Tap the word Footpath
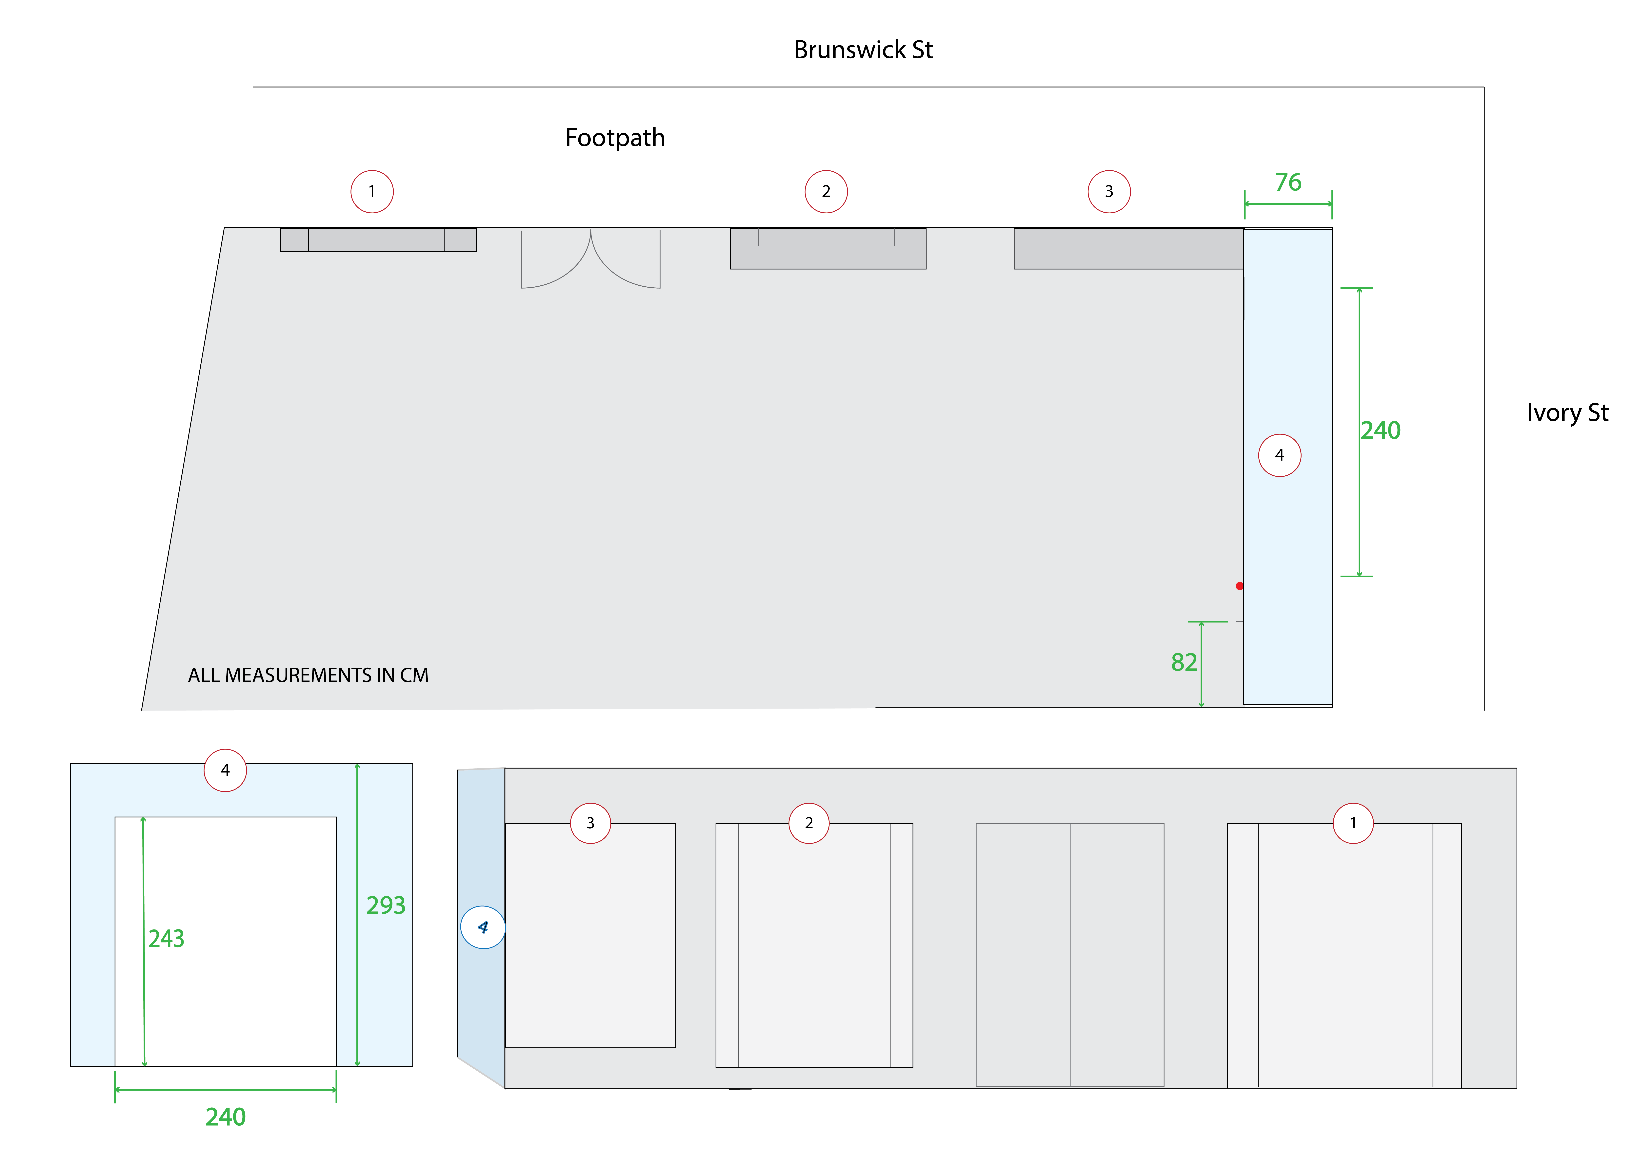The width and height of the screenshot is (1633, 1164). pyautogui.click(x=614, y=138)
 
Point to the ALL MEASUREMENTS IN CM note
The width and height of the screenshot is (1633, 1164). pyautogui.click(x=308, y=675)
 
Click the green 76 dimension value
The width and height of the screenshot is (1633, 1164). pyautogui.click(x=1287, y=183)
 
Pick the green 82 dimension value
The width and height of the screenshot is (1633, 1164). pyautogui.click(x=1184, y=662)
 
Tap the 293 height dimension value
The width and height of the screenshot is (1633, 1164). pyautogui.click(x=386, y=905)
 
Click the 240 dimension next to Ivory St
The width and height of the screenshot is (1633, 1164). pyautogui.click(x=1380, y=430)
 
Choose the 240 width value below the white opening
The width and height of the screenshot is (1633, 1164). pyautogui.click(x=225, y=1117)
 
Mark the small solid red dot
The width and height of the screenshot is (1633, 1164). pyautogui.click(x=1239, y=586)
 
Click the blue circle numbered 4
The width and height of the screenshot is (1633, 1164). pyautogui.click(x=482, y=927)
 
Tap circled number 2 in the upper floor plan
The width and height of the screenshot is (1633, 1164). pyautogui.click(x=826, y=191)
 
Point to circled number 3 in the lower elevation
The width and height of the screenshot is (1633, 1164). pyautogui.click(x=590, y=823)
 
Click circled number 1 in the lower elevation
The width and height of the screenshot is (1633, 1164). pyautogui.click(x=1353, y=823)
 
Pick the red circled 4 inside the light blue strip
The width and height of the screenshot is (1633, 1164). pyautogui.click(x=1280, y=455)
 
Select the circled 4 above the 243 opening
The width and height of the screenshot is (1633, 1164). pyautogui.click(x=225, y=770)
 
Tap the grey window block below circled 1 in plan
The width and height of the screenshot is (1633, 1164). pyautogui.click(x=378, y=239)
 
